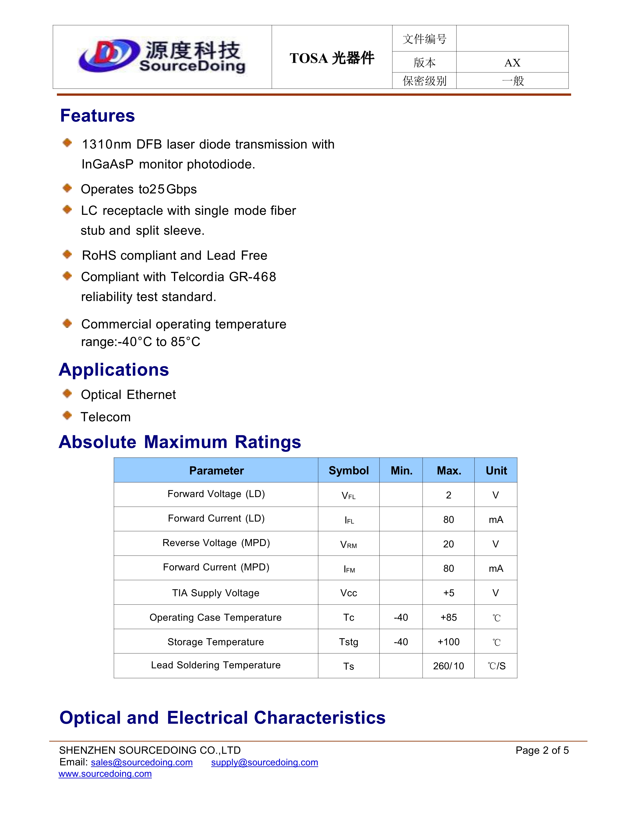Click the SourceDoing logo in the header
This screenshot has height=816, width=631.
pos(162,57)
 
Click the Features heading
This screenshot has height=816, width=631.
pos(97,115)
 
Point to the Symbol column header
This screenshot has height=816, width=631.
pos(348,470)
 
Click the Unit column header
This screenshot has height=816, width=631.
pos(496,470)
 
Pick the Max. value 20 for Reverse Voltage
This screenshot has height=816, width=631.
pos(448,544)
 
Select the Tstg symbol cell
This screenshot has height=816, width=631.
pos(348,642)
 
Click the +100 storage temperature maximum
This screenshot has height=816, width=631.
pos(448,642)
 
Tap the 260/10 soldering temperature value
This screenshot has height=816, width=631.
pos(448,666)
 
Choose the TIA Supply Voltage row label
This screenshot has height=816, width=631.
pos(216,593)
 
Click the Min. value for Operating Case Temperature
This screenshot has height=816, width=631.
pos(401,617)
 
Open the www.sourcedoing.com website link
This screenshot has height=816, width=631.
pos(105,774)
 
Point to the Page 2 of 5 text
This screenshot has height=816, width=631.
pos(542,750)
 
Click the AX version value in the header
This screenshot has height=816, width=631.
pos(512,62)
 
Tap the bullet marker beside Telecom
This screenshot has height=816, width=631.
pos(67,415)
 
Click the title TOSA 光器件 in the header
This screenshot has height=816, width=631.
pos(332,58)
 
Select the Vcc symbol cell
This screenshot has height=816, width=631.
pos(348,593)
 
